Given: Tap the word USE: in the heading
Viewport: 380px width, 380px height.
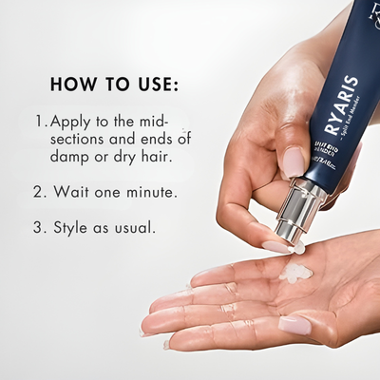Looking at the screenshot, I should [150, 84].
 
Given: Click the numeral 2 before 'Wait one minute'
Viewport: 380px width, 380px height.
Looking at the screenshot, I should [39, 191].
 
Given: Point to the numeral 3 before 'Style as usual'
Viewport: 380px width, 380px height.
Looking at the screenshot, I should [39, 229].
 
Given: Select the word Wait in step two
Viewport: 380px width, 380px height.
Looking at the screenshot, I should [73, 191].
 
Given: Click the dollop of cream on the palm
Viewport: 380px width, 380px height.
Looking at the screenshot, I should [297, 275].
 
